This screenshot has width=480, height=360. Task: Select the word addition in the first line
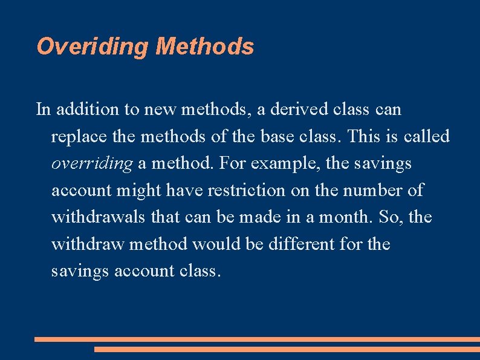click(x=80, y=110)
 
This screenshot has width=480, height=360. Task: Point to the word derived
click(x=296, y=110)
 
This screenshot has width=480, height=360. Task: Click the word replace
click(x=74, y=137)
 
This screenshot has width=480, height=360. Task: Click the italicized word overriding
click(x=91, y=163)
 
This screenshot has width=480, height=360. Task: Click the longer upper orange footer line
click(x=257, y=339)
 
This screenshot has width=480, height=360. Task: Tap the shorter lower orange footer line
click(x=287, y=349)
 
